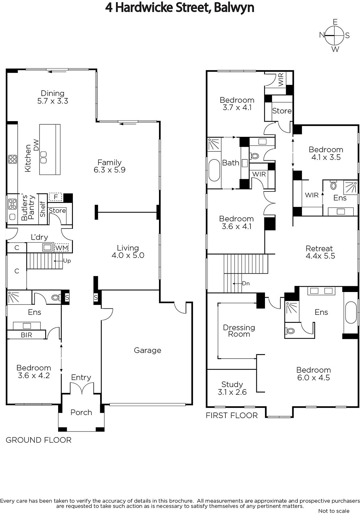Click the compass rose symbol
pos(335,36)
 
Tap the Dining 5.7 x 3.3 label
pos(53,97)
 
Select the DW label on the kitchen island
pos(36,145)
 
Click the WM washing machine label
pos(62,248)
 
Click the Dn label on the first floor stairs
pos(246,283)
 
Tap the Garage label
pos(147,350)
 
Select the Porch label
pos(81,412)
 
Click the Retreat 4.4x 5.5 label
pos(320,252)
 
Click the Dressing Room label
pos(239,331)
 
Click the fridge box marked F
pos(56,197)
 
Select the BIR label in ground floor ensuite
pos(26,335)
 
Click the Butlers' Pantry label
pos(28,208)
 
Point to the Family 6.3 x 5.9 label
pos(110,166)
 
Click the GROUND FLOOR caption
pos(39,440)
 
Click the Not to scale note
pos(334,511)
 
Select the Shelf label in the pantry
pos(43,209)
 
